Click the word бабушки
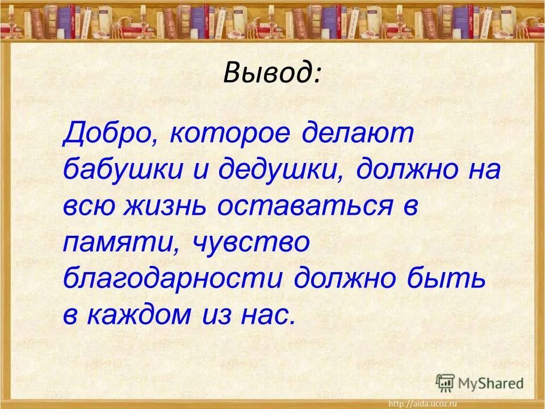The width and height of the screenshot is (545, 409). (x=122, y=171)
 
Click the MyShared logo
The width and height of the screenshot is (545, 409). (x=480, y=383)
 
